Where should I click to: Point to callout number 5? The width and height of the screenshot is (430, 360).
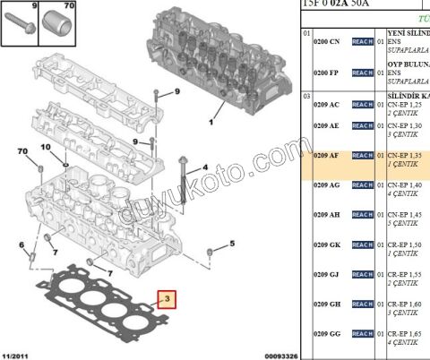(230, 244)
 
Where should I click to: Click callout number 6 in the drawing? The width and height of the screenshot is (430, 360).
(21, 244)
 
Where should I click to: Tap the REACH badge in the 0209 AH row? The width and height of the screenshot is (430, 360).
(362, 215)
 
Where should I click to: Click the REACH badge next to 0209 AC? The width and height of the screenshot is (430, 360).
(362, 105)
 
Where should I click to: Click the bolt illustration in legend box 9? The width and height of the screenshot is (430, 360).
(21, 24)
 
